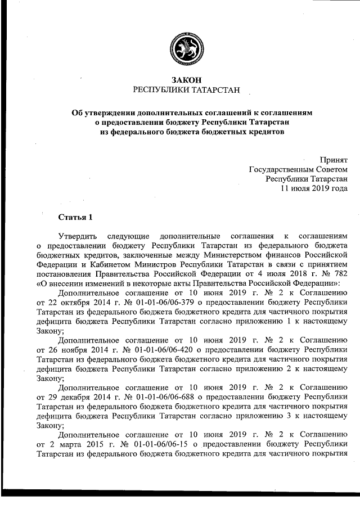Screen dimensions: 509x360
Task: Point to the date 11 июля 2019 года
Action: (314, 188)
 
